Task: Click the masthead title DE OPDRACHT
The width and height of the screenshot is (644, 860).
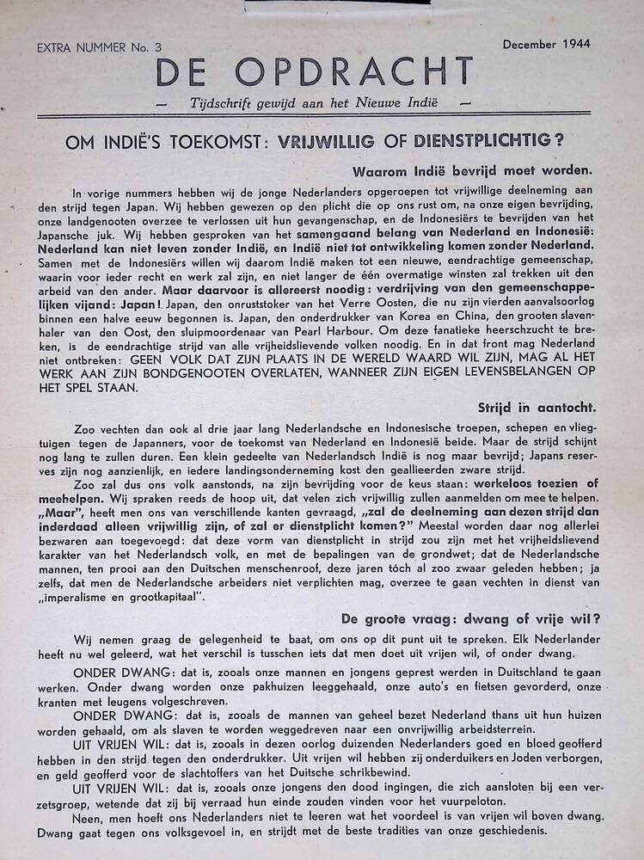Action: point(314,72)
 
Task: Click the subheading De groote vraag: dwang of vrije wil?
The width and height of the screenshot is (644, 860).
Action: point(469,617)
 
